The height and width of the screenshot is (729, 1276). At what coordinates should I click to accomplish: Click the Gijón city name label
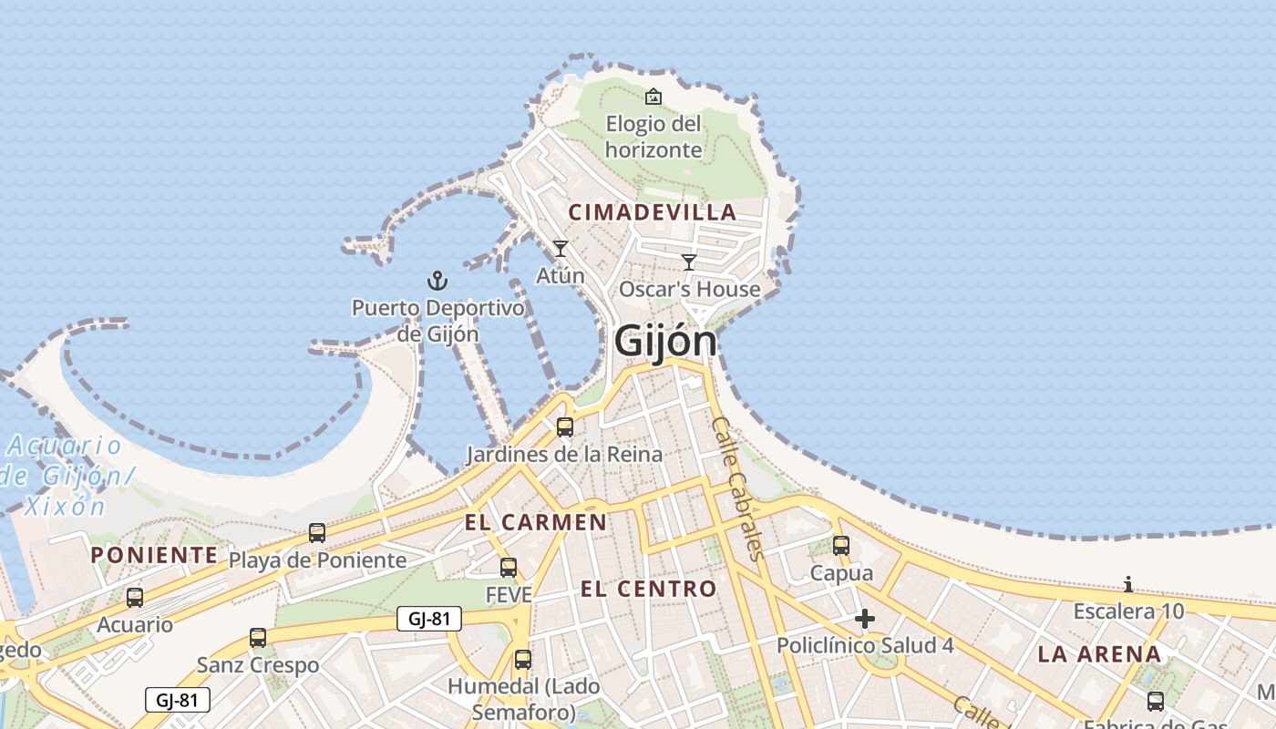(x=665, y=341)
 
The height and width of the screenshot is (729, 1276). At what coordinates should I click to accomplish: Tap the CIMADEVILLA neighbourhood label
(x=652, y=212)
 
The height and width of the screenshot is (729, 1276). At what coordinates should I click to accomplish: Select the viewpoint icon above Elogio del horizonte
(x=653, y=97)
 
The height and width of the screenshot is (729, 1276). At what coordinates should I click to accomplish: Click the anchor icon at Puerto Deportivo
(x=438, y=280)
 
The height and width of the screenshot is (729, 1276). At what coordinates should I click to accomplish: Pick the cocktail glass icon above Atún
(x=561, y=248)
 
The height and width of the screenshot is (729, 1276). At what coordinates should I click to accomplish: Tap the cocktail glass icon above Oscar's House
(x=689, y=262)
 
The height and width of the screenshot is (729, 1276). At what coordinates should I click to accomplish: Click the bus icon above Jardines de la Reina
(x=565, y=426)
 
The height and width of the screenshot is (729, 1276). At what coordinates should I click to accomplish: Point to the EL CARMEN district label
(x=535, y=522)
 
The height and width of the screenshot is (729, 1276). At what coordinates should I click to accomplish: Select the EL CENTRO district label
(x=649, y=589)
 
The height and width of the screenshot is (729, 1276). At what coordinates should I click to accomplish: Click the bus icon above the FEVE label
(x=509, y=567)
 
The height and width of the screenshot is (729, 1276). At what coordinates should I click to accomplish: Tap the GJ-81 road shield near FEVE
(x=429, y=620)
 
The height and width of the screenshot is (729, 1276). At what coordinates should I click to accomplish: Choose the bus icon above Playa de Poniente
(x=317, y=533)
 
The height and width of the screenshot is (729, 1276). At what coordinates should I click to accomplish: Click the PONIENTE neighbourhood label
(x=154, y=555)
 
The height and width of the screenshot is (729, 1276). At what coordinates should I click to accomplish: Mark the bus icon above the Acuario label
(x=135, y=598)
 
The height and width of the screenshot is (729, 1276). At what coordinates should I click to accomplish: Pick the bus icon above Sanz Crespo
(x=258, y=638)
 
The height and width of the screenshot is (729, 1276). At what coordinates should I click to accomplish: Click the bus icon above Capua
(x=841, y=546)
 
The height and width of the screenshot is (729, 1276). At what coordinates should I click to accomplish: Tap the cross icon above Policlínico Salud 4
(x=865, y=620)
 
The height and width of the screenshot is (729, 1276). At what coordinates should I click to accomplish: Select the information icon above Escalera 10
(x=1128, y=584)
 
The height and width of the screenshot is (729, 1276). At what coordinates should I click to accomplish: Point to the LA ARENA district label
(x=1100, y=653)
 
